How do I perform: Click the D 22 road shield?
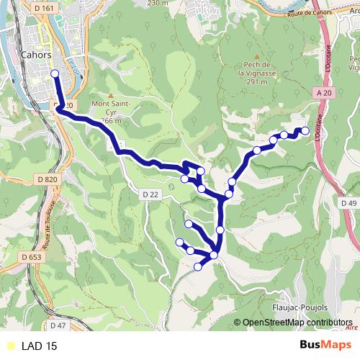tap(150, 195)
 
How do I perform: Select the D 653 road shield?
tap(31, 256)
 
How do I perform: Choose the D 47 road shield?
tap(58, 326)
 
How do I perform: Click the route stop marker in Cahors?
tap(55, 73)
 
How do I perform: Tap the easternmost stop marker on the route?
tap(305, 130)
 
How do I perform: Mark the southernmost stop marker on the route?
tap(198, 267)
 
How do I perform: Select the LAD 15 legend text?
tap(40, 346)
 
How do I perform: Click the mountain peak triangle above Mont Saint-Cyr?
tap(110, 94)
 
